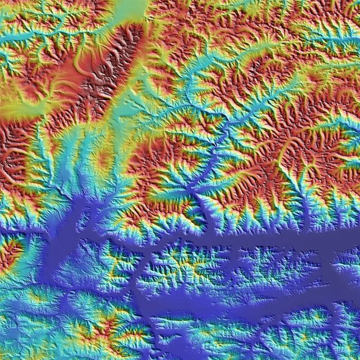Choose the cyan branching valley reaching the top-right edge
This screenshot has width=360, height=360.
click(x=340, y=40)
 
